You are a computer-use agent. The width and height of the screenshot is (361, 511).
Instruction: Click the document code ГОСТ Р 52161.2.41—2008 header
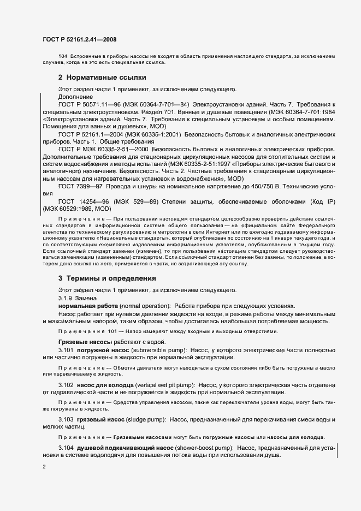(79, 39)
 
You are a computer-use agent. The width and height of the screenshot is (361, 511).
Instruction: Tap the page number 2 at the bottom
(44, 467)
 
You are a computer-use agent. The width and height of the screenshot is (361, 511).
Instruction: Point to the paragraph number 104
(62, 56)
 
